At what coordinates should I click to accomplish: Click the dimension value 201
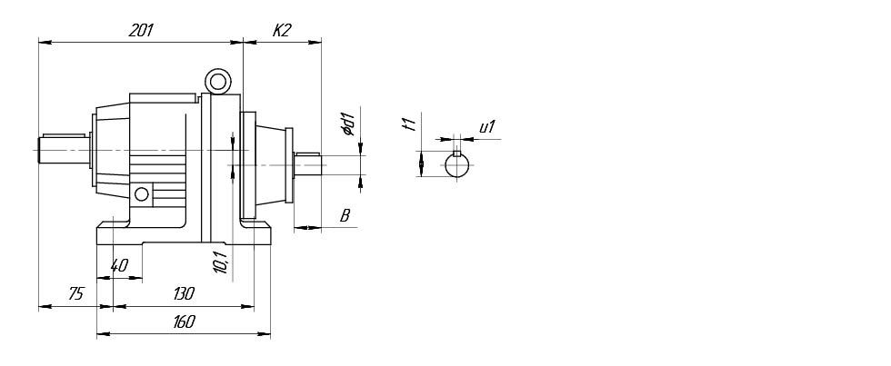point(141,30)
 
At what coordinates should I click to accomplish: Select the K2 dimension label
point(281,30)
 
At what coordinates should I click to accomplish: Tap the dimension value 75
point(75,293)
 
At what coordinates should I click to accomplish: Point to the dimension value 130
point(184,293)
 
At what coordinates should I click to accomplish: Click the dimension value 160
point(184,321)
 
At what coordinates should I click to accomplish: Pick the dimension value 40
point(119,265)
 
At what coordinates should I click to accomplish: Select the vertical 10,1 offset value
point(222,261)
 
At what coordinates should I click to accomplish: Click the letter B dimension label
point(345,215)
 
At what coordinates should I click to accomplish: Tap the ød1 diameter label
point(348,124)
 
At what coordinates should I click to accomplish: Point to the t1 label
point(411,122)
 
